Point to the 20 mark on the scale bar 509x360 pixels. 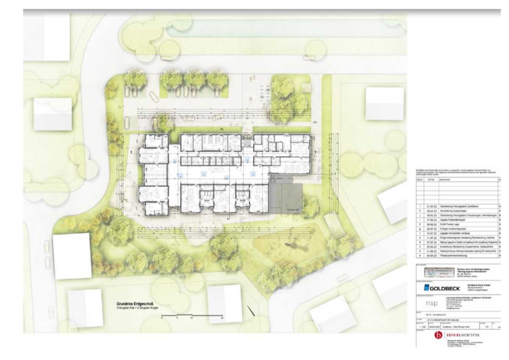222,318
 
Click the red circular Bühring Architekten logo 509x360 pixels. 438,336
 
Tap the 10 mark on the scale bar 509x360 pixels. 192,318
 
